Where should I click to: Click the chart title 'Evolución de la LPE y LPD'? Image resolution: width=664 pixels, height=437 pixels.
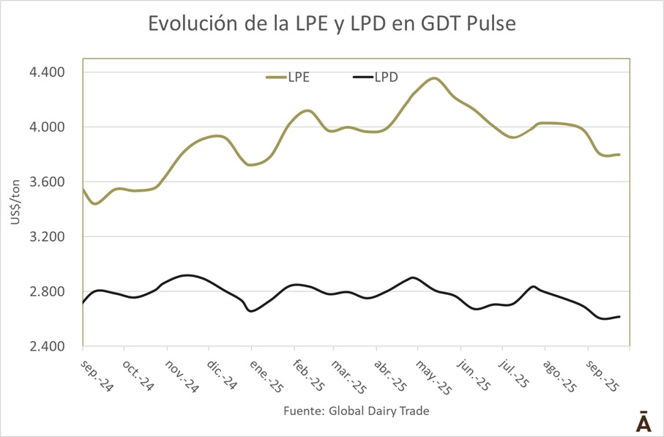(x=332, y=24)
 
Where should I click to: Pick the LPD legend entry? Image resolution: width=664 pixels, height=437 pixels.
(x=376, y=77)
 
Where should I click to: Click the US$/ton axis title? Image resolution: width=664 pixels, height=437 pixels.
(x=16, y=209)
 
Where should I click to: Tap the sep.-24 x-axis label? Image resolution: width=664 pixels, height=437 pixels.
(x=96, y=375)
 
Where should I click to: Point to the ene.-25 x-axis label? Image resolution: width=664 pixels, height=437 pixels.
(x=264, y=375)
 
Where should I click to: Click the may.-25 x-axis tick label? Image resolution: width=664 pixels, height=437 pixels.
(x=433, y=375)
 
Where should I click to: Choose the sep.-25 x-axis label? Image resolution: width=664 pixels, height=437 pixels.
(x=603, y=375)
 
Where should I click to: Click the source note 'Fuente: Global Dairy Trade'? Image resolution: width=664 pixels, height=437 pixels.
(x=356, y=411)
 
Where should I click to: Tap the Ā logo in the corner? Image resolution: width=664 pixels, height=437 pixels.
(x=642, y=423)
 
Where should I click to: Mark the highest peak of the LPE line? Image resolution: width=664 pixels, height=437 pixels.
(x=434, y=78)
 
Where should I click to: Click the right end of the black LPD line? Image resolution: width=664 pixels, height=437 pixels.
(x=620, y=316)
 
